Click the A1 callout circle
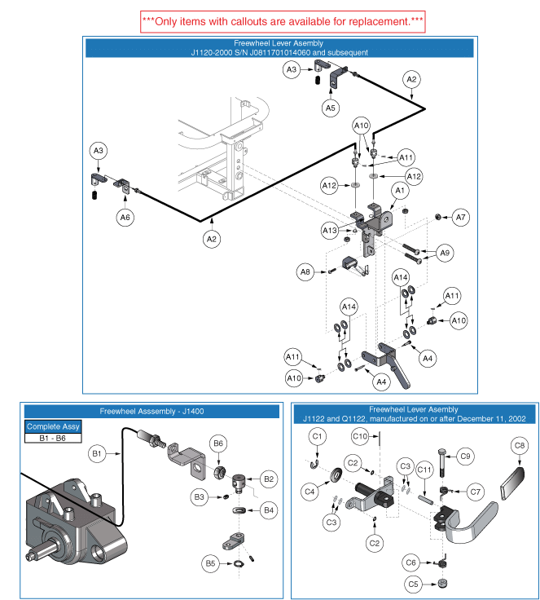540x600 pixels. (x=400, y=190)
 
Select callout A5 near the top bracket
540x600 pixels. (x=330, y=108)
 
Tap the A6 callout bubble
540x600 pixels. (x=126, y=217)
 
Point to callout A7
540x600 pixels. (x=461, y=217)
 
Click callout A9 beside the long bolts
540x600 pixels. (x=445, y=254)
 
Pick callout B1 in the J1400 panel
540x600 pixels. (x=96, y=452)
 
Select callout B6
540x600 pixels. (x=217, y=443)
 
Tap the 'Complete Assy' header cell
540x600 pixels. (x=54, y=426)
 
